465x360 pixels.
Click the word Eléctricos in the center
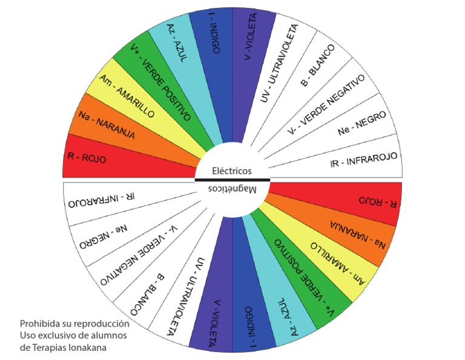(x=232, y=171)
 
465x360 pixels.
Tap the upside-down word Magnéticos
(x=232, y=189)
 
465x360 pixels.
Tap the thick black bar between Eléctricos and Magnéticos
(x=232, y=180)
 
